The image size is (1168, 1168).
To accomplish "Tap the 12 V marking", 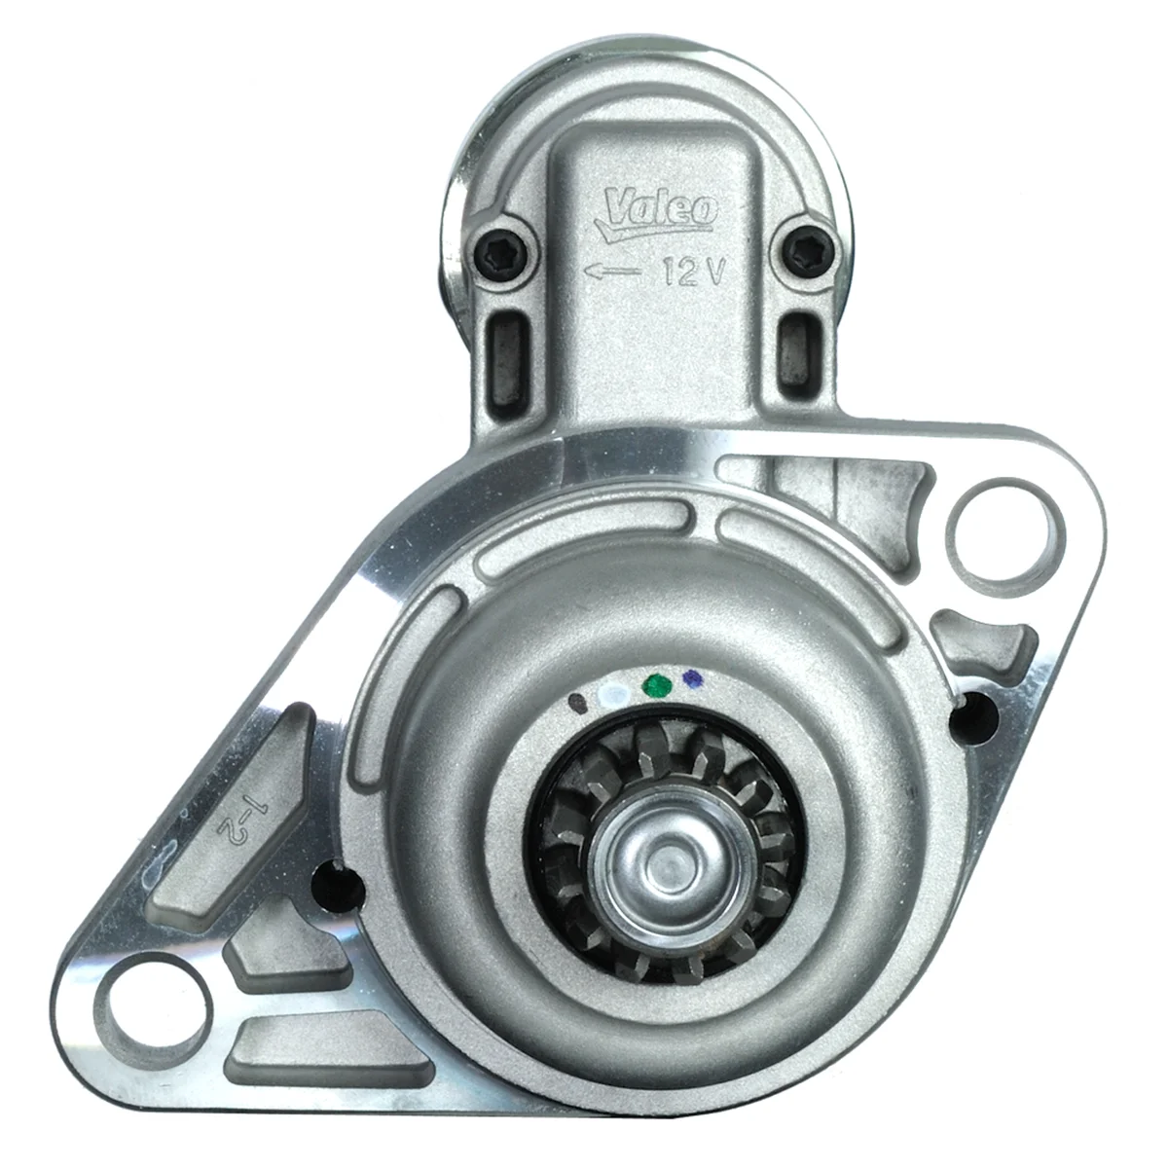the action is (x=693, y=271).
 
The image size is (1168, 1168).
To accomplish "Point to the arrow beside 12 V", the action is (x=612, y=272).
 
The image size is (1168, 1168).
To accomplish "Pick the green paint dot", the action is (x=657, y=685).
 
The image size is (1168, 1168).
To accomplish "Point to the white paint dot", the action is (x=612, y=693).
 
